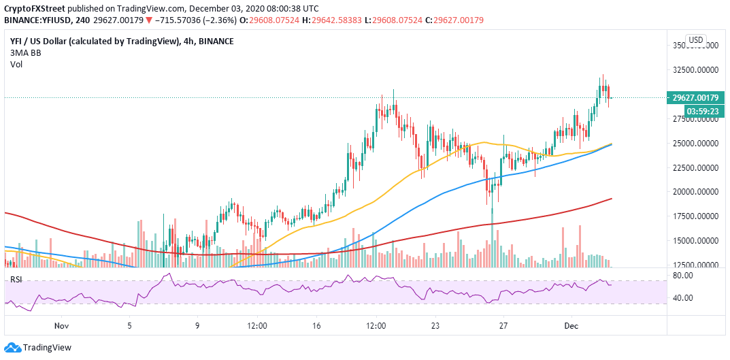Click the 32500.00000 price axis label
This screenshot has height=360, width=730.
click(696, 70)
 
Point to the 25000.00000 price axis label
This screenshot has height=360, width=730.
click(696, 144)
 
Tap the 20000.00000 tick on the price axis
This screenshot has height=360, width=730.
click(696, 192)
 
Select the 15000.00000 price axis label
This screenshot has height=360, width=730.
click(696, 241)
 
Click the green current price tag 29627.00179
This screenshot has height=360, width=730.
click(696, 97)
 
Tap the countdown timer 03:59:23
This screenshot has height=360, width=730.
click(696, 111)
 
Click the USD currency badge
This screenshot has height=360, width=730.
click(696, 40)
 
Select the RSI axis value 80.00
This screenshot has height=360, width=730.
click(683, 276)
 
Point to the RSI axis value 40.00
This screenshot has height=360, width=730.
click(683, 298)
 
